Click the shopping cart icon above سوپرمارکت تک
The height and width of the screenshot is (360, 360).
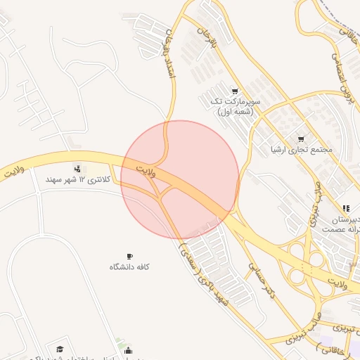(235, 91)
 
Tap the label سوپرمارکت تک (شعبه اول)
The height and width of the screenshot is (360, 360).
(235, 106)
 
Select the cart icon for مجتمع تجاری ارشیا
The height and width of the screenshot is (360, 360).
(302, 139)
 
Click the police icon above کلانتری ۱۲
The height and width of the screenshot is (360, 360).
(77, 169)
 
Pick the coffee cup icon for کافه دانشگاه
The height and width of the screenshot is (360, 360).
(129, 256)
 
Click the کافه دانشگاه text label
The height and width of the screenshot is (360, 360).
(129, 267)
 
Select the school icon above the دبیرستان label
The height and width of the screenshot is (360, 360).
(345, 208)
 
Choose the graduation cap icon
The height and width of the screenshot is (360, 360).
(60, 349)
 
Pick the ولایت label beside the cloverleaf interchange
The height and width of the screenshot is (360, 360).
(341, 283)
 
